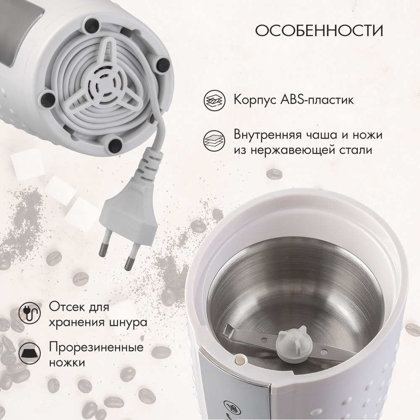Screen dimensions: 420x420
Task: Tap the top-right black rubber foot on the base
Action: tap(163, 64)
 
